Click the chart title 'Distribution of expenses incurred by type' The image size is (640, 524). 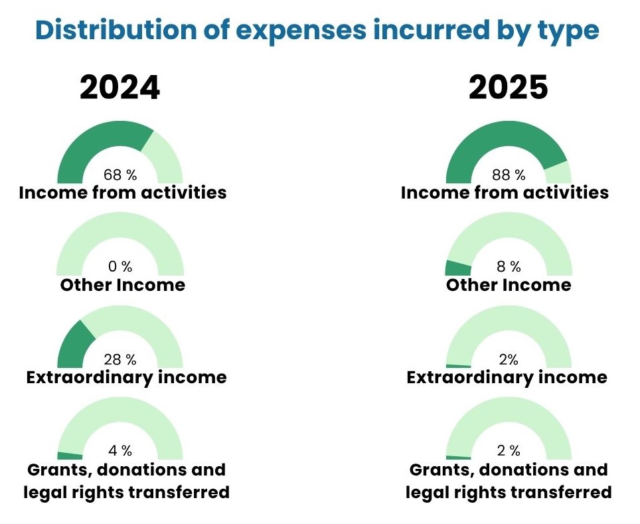(x=317, y=30)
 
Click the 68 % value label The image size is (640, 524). (x=120, y=175)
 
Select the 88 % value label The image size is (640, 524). (x=509, y=175)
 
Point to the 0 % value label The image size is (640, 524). (x=120, y=267)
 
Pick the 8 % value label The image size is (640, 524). (x=509, y=267)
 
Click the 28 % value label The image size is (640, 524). (x=120, y=359)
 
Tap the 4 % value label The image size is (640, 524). (x=120, y=451)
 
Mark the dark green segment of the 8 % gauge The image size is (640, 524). (x=457, y=268)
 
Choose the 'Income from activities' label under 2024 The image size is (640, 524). (x=123, y=193)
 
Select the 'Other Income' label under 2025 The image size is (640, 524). (x=509, y=285)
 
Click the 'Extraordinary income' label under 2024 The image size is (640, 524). (x=126, y=377)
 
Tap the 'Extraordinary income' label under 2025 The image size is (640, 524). (x=507, y=377)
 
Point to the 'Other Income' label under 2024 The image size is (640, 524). (x=123, y=285)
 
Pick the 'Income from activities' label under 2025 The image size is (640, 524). (x=505, y=193)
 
